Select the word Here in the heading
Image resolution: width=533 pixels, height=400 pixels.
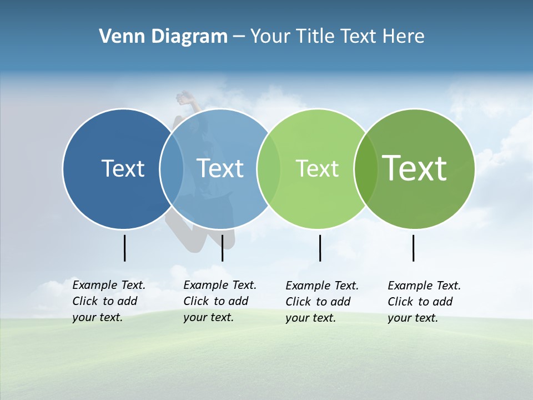click(404, 36)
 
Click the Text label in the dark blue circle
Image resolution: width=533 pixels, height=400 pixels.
click(123, 168)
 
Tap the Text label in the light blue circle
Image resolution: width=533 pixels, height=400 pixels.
click(220, 168)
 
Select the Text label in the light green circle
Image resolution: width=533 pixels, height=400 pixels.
click(317, 168)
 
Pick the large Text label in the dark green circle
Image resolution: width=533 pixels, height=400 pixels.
click(415, 168)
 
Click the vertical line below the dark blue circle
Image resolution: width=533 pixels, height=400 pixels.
click(125, 248)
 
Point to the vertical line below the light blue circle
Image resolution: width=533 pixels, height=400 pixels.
click(222, 248)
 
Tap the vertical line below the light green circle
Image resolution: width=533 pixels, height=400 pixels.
click(320, 248)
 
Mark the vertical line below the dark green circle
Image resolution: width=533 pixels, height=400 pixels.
click(413, 248)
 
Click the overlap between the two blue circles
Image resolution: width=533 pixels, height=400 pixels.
click(172, 168)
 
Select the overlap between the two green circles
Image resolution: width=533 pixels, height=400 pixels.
click(366, 168)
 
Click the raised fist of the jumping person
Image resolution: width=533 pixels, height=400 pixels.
click(183, 98)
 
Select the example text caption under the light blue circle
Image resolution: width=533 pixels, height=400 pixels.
click(220, 301)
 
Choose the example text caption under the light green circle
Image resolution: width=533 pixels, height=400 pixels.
click(322, 302)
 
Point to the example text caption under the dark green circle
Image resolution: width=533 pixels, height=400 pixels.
click(424, 302)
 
